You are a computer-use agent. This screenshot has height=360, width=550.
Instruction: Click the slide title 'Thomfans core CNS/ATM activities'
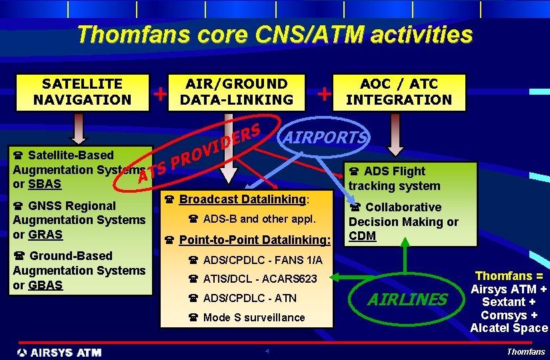click(275, 34)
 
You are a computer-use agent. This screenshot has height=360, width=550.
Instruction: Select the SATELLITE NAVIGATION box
click(82, 92)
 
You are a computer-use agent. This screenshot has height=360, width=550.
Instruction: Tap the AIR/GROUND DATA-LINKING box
click(237, 92)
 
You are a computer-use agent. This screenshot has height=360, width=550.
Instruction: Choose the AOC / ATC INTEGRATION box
click(399, 92)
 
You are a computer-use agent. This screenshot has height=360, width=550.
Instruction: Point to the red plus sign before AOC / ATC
click(324, 93)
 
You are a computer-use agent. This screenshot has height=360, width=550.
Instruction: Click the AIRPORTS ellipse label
click(325, 137)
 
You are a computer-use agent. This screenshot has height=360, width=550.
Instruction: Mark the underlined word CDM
click(363, 236)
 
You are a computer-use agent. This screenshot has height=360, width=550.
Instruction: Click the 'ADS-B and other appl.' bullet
click(259, 219)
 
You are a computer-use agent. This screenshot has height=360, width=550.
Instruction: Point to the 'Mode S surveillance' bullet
click(253, 317)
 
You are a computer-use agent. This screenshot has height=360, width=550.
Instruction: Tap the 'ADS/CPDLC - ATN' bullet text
click(249, 298)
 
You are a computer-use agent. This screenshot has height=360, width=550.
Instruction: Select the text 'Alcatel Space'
click(509, 328)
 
